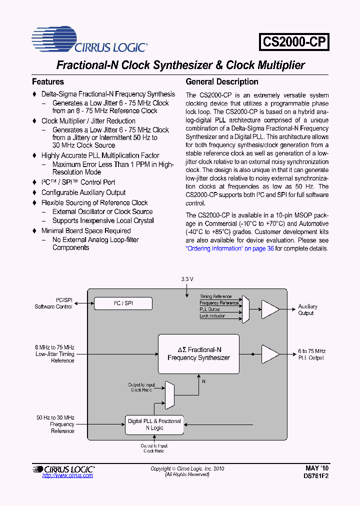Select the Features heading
(x=48, y=81)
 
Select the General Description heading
(x=222, y=81)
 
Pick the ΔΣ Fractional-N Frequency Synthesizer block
(x=198, y=354)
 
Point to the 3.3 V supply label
(x=187, y=278)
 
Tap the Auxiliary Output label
(x=307, y=309)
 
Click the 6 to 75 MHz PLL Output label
(x=311, y=354)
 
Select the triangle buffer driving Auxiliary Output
(x=270, y=309)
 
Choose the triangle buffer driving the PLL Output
(x=270, y=354)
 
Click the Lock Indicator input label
(x=212, y=316)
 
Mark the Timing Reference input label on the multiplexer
(x=215, y=296)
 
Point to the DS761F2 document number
(x=316, y=476)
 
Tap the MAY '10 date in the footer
(x=317, y=468)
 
